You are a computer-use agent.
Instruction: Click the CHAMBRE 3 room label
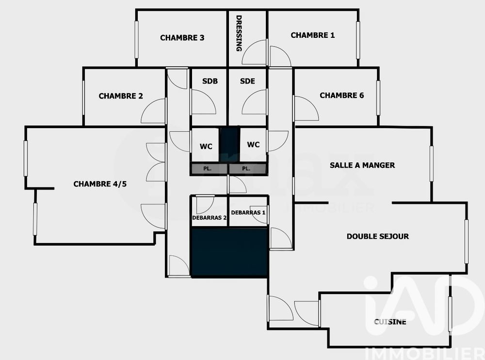coord(182,38)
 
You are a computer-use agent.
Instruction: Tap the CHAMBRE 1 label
coord(312,35)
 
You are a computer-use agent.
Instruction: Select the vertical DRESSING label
coord(239,33)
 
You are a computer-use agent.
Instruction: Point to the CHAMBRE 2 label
coord(121,96)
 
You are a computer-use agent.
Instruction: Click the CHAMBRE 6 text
coord(341,95)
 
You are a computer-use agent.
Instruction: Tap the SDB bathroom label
coord(210,82)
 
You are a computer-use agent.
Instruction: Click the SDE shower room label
coord(247,82)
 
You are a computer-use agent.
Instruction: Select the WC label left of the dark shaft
coord(206,145)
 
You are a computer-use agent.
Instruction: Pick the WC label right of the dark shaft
coord(253,145)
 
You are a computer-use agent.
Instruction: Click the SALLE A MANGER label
coord(362,165)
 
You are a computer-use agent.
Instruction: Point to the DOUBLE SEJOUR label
coord(377,236)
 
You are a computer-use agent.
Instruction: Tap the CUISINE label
coord(390,321)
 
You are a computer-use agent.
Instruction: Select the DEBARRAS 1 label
coord(248,213)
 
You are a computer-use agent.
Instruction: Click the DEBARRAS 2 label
coord(210,218)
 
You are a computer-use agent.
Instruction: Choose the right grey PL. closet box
coord(247,169)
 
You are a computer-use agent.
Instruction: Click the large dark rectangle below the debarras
coord(229,252)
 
